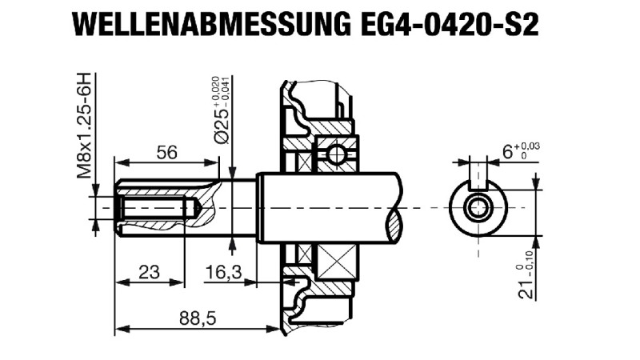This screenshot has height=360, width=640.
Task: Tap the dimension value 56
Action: (166, 154)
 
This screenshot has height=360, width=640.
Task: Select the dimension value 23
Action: (149, 272)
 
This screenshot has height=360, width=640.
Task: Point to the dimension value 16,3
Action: (223, 272)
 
